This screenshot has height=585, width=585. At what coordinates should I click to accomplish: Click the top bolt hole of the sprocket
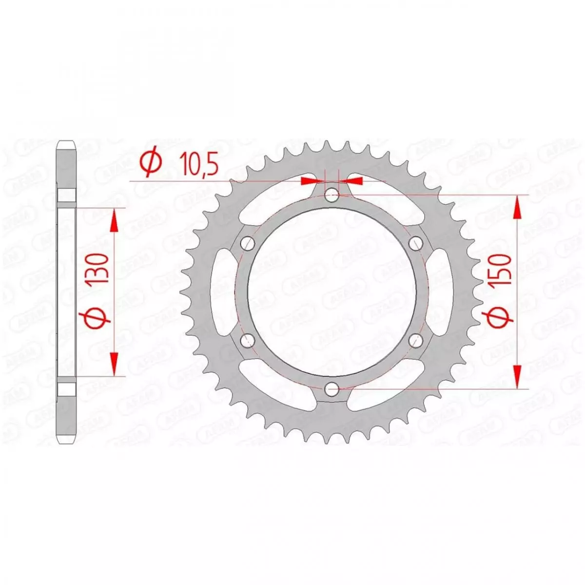coord(332,195)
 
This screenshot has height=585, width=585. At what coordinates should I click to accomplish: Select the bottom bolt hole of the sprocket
coord(332,389)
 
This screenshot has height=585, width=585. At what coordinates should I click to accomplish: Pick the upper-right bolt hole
coord(416,243)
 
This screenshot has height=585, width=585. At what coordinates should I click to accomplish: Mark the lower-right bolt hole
coord(416,340)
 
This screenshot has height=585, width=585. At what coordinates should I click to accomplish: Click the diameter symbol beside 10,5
coord(151,163)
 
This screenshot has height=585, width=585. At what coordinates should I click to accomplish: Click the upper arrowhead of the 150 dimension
coord(517,207)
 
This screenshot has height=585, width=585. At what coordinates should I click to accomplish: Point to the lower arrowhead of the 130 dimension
coord(115,364)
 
